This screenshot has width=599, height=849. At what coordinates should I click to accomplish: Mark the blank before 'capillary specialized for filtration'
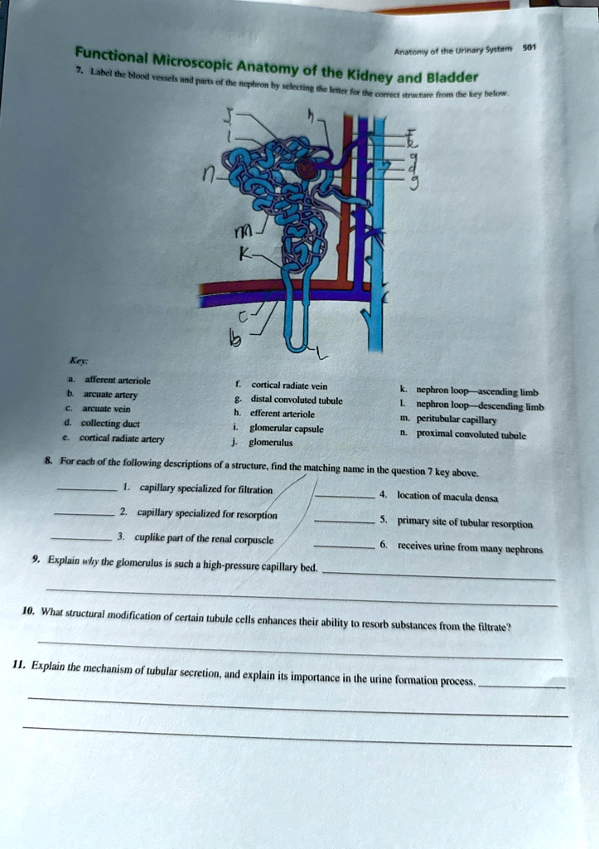88,490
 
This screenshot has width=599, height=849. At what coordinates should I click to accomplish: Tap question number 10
29,612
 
